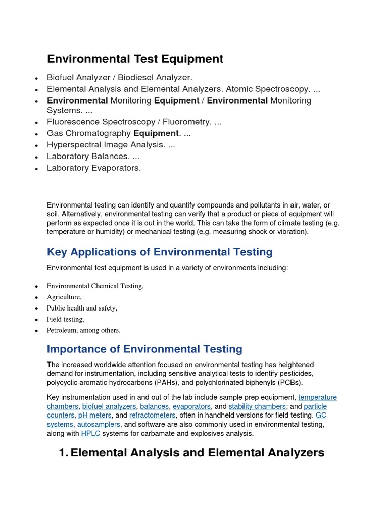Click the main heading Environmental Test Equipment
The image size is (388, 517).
click(x=135, y=59)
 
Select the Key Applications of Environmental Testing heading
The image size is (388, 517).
click(x=160, y=252)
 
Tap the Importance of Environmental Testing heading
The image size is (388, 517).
click(x=144, y=349)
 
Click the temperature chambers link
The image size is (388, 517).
click(x=317, y=397)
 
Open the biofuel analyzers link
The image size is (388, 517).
click(x=109, y=406)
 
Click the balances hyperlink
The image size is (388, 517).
click(x=154, y=406)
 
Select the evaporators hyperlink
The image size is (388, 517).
click(x=191, y=406)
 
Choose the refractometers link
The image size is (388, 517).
click(x=153, y=416)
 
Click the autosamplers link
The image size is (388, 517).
click(x=99, y=425)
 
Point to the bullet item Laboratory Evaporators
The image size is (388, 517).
click(x=94, y=168)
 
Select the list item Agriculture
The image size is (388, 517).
click(x=64, y=297)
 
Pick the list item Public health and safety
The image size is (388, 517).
click(x=82, y=308)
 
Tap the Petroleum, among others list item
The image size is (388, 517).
click(x=83, y=330)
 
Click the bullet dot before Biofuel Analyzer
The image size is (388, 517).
click(x=36, y=78)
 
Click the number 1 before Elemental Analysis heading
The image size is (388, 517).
click(x=63, y=453)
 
